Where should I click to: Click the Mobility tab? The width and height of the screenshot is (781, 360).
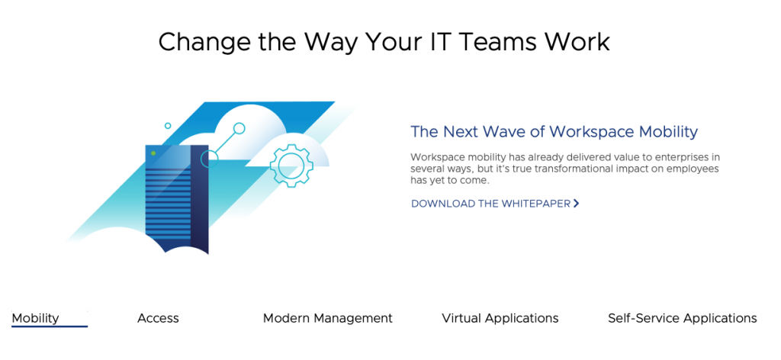(x=35, y=318)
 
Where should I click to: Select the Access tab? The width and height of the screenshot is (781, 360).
(x=158, y=318)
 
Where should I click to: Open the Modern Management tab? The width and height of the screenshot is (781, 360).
(x=328, y=318)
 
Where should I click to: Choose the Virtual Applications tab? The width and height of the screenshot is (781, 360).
(x=500, y=318)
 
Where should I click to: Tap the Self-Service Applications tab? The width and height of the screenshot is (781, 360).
(x=683, y=318)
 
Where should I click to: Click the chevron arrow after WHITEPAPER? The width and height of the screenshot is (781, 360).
(x=577, y=203)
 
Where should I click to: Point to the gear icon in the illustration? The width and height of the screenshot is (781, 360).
(x=291, y=166)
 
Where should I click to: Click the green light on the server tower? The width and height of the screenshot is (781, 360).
(x=153, y=153)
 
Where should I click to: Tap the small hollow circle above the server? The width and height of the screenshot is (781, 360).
(x=168, y=126)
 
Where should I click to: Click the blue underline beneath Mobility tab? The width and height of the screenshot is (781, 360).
(x=50, y=326)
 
